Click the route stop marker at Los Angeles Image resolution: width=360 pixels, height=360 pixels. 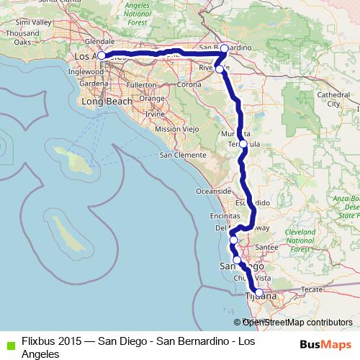coord(102,55)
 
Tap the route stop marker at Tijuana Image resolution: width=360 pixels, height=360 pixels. coord(259,292)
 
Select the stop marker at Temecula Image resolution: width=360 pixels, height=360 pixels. coord(243,144)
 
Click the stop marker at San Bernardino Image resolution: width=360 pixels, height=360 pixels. coord(224,49)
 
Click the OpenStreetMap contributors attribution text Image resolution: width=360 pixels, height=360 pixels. coord(297,323)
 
